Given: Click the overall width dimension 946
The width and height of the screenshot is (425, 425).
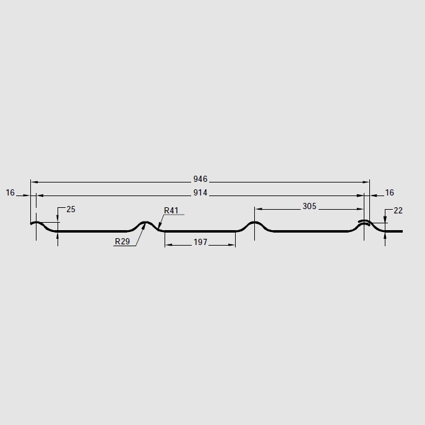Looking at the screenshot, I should coord(200,179).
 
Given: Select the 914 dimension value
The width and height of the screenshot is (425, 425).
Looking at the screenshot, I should coord(200,193).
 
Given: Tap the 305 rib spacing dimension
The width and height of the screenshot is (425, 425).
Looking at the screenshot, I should coord(309,207).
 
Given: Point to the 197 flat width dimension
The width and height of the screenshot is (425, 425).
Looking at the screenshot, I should coord(200,243).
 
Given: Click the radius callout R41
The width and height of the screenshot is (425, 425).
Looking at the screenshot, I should coord(171,210).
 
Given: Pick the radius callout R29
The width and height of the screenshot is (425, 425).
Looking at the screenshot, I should coord(122,242).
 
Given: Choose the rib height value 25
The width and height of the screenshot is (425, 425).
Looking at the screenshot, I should coord(71,210).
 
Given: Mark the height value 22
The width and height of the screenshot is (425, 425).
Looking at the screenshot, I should coord(398,211).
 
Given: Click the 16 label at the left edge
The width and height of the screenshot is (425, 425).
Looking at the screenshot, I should coord(11,193).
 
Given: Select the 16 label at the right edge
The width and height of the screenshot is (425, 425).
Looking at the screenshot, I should coord(389,193).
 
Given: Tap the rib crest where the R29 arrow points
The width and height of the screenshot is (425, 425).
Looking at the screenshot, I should coord(146,222).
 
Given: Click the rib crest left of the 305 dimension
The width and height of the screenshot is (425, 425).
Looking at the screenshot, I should coord(254,222).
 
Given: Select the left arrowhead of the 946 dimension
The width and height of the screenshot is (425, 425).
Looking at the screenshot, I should coord(33,182).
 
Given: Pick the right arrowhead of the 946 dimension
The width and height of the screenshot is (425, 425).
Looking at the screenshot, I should coord(367,182).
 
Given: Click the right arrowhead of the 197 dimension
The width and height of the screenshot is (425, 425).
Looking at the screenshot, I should coord(233,244).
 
